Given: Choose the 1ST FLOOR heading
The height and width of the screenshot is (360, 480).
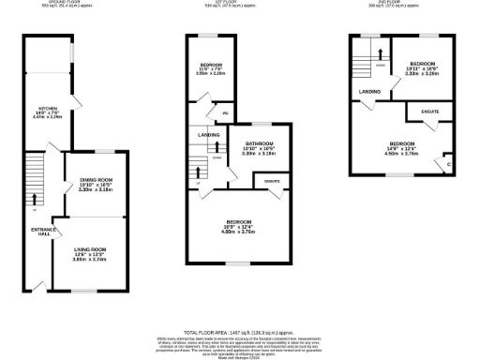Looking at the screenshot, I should (x=222, y=3).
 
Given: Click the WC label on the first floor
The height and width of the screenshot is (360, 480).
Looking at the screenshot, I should (x=224, y=113).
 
